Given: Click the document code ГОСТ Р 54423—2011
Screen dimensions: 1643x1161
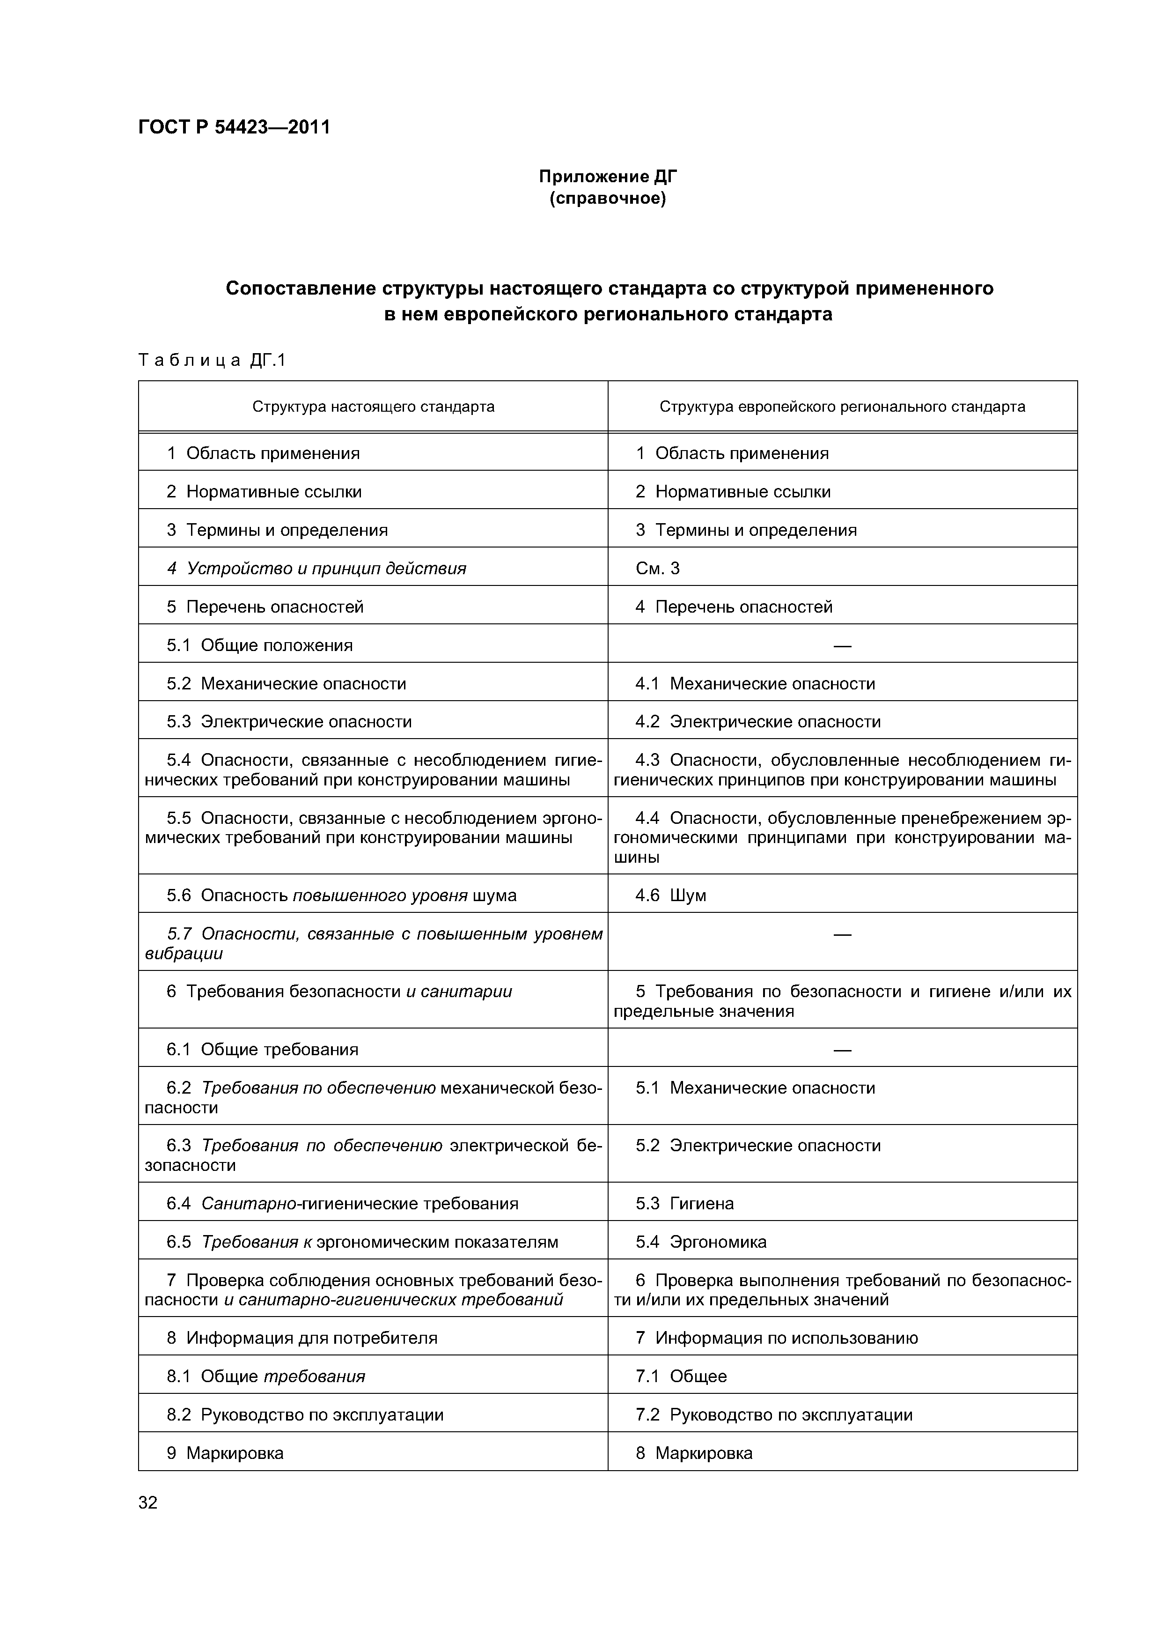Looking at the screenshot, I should [234, 127].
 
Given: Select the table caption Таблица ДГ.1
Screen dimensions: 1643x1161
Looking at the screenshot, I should [212, 360].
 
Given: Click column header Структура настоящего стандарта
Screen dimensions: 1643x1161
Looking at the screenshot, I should [373, 407].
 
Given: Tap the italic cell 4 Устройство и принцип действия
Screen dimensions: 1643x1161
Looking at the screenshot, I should [316, 568].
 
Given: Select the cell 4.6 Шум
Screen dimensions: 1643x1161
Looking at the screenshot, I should [670, 895].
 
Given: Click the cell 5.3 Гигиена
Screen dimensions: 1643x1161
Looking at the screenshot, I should [684, 1204].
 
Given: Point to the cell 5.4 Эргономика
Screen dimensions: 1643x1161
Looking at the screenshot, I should [700, 1242].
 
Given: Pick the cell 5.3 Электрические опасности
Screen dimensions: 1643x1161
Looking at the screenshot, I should [289, 721].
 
